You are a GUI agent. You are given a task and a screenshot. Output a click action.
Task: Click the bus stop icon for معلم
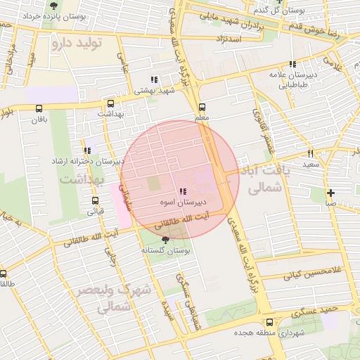(202, 108)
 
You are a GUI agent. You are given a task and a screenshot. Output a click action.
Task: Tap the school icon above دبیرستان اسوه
(183, 191)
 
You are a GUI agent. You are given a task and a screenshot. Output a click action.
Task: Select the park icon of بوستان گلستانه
(165, 240)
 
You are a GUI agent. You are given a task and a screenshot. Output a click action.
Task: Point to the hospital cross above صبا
(330, 193)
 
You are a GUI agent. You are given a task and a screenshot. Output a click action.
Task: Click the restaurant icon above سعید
(310, 153)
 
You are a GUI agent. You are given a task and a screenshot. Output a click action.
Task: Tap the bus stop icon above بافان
(39, 108)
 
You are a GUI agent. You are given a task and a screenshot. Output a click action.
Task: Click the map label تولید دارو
(77, 44)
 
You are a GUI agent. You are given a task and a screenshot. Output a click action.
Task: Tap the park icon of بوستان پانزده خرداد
(53, 6)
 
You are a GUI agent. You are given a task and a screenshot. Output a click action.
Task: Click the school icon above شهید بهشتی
(155, 79)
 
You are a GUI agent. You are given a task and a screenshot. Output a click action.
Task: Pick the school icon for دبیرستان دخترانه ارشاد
(87, 150)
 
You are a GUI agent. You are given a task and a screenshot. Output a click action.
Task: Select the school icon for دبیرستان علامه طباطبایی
(292, 64)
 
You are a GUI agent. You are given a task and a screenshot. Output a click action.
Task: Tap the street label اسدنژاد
(231, 38)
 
